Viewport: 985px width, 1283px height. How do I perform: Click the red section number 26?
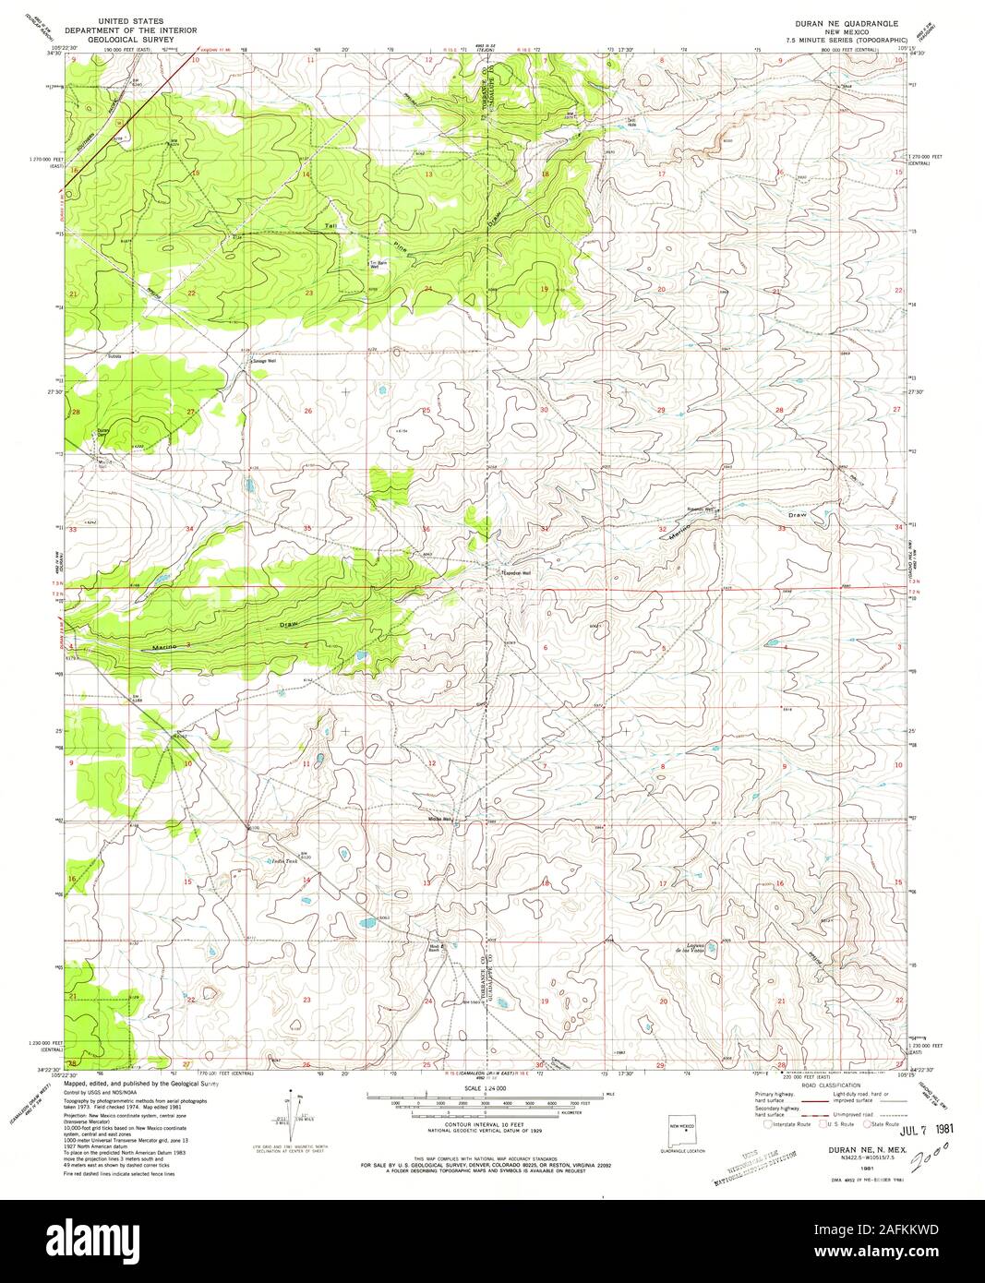coord(308,411)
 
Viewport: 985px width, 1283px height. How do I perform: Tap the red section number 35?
coord(306,529)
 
